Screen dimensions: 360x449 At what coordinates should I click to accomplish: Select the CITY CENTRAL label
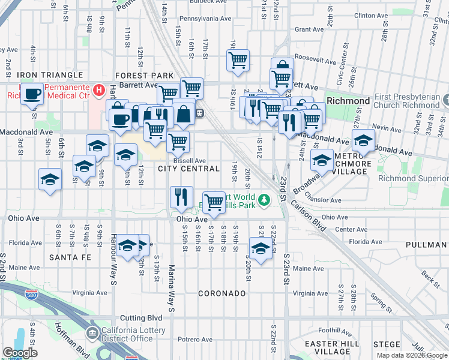coord(188,169)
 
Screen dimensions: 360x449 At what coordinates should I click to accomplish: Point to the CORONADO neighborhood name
coord(222,293)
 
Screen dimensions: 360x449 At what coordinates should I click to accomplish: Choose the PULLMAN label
coord(427,245)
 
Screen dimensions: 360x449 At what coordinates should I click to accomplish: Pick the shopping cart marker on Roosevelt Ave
coord(238,61)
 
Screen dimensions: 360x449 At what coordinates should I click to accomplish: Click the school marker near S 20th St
coord(259,248)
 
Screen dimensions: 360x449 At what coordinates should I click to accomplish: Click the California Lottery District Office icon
coord(92,333)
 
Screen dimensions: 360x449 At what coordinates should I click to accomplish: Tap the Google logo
coord(20,353)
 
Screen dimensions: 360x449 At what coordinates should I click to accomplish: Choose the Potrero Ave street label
coord(196,340)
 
